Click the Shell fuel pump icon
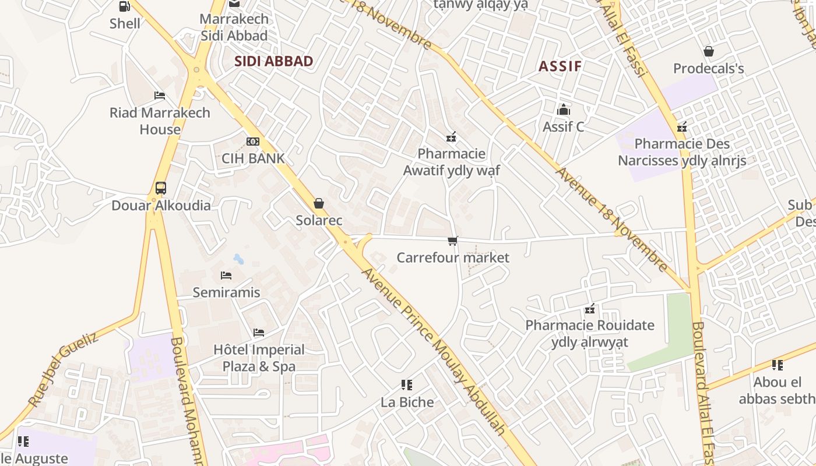125,6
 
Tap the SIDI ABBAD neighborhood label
273,61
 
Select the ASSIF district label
560,66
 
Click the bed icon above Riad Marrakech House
160,96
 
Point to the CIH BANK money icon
253,142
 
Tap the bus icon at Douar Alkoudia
161,188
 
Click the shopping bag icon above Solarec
319,203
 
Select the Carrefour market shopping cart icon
453,241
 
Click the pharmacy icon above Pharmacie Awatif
451,137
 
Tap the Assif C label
563,126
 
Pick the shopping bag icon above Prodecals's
709,52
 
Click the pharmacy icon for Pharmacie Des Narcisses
682,127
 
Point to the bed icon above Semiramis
226,275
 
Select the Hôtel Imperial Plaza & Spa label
259,358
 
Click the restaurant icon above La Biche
407,385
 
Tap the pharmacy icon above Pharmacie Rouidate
590,309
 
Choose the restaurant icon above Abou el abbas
778,365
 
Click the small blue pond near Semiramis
239,259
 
